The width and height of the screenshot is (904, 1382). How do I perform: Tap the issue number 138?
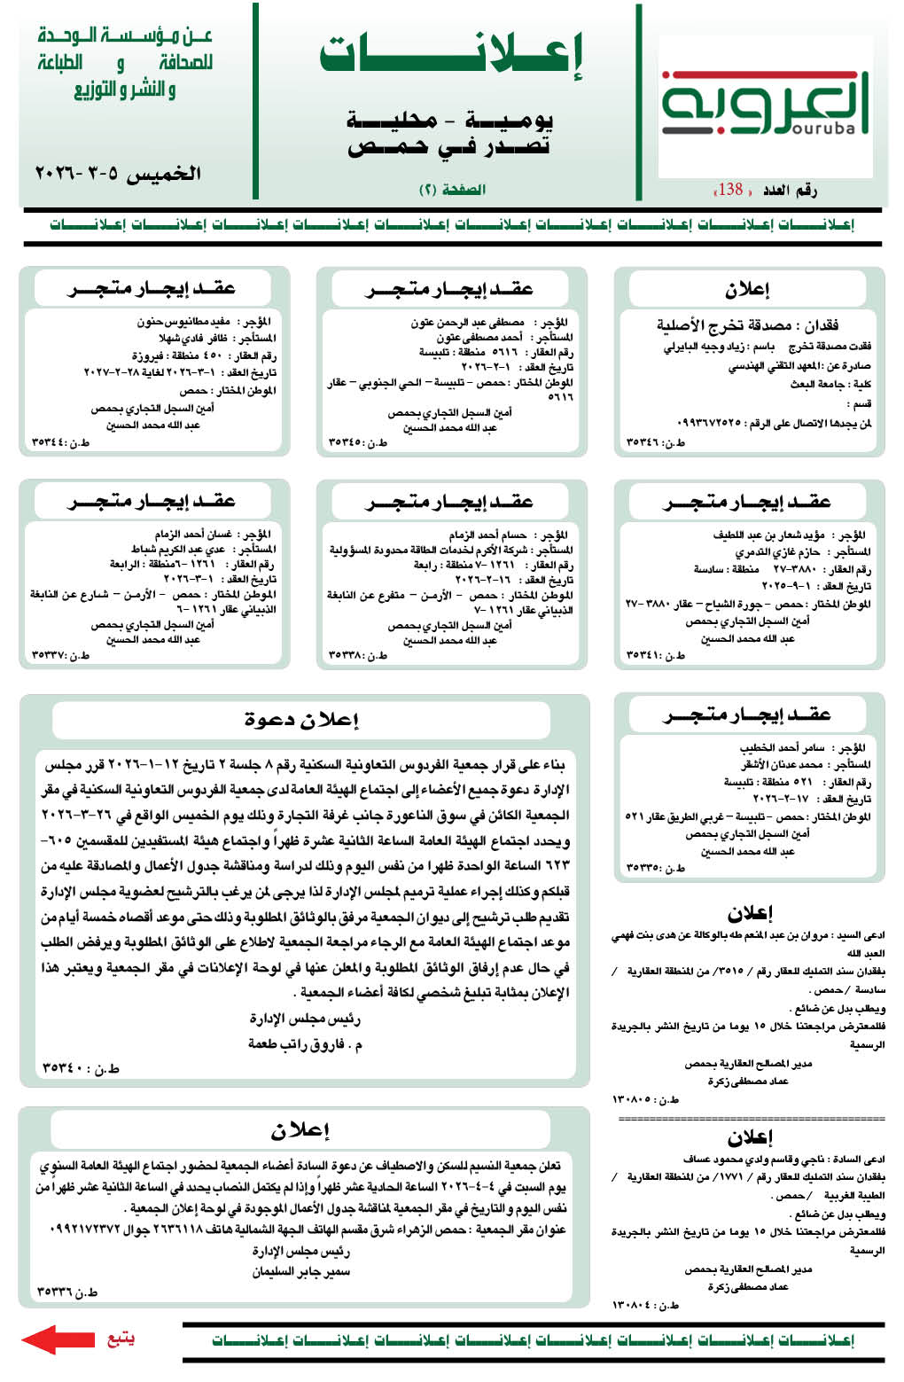tap(730, 189)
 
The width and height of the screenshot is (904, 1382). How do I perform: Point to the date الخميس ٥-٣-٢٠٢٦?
tap(118, 173)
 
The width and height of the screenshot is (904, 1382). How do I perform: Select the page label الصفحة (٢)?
tap(452, 189)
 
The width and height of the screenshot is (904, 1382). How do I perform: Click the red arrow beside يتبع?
tap(58, 1339)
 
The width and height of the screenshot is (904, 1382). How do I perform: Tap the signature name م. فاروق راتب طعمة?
tap(305, 1044)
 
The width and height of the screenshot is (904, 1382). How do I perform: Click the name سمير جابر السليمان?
tap(301, 1271)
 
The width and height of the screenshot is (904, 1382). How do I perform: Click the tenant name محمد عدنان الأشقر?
tap(783, 764)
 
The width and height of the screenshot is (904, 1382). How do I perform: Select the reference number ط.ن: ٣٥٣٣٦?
tap(67, 1292)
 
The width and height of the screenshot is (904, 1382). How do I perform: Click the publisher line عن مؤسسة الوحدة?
tap(125, 36)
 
